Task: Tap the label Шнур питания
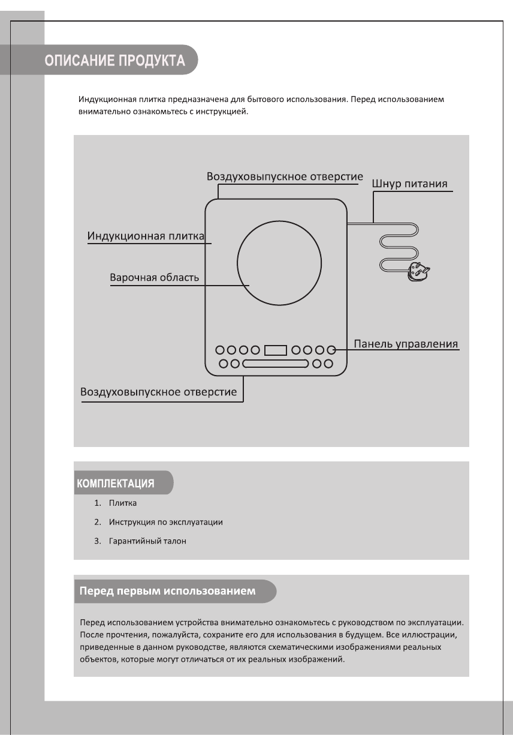click(410, 184)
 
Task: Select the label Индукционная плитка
click(146, 235)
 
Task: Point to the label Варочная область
click(154, 278)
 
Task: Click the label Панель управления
click(406, 344)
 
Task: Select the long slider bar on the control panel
click(276, 363)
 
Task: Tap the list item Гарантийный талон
click(147, 541)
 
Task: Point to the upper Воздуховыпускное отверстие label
click(285, 177)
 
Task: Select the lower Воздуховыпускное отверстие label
click(158, 392)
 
